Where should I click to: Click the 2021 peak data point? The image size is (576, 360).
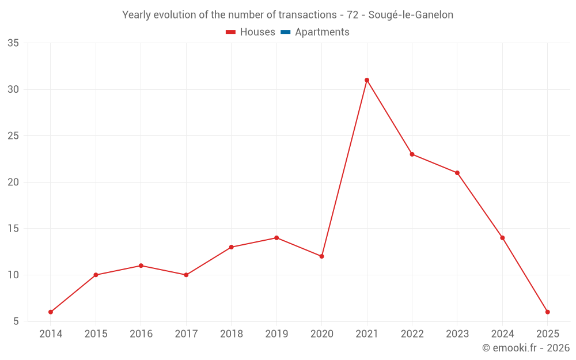pyautogui.click(x=367, y=80)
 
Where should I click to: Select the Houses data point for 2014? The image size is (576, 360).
pyautogui.click(x=51, y=312)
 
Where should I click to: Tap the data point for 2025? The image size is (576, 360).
pyautogui.click(x=548, y=312)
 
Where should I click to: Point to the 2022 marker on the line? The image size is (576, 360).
pyautogui.click(x=412, y=154)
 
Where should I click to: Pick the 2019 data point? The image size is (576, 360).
pyautogui.click(x=276, y=238)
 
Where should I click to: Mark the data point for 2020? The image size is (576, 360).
pyautogui.click(x=321, y=256)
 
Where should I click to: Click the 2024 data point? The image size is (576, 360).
pyautogui.click(x=502, y=238)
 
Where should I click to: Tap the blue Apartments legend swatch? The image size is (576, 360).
pyautogui.click(x=285, y=32)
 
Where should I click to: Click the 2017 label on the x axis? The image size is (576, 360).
pyautogui.click(x=186, y=334)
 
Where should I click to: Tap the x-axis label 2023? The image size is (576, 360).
pyautogui.click(x=457, y=334)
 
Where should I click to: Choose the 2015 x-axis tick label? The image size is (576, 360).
pyautogui.click(x=96, y=334)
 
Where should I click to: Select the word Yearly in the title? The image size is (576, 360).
pyautogui.click(x=137, y=15)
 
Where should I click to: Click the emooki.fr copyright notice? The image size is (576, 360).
pyautogui.click(x=526, y=348)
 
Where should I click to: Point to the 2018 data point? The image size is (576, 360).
pyautogui.click(x=231, y=247)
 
